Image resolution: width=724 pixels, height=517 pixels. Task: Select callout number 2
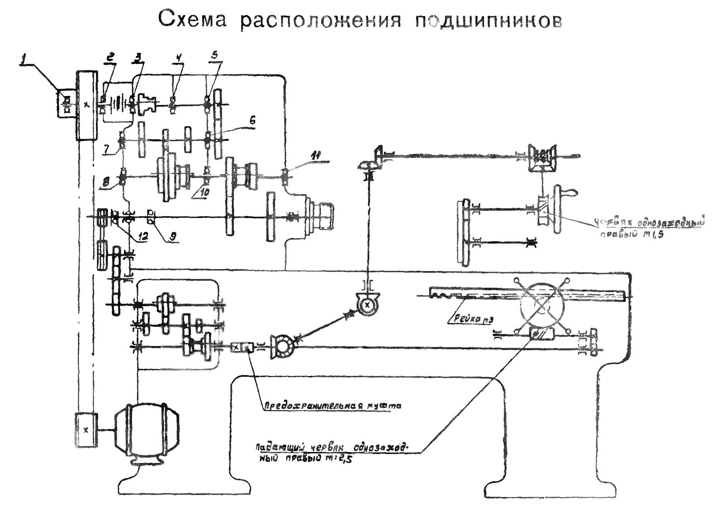(110, 57)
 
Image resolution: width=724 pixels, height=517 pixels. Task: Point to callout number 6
(252, 120)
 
